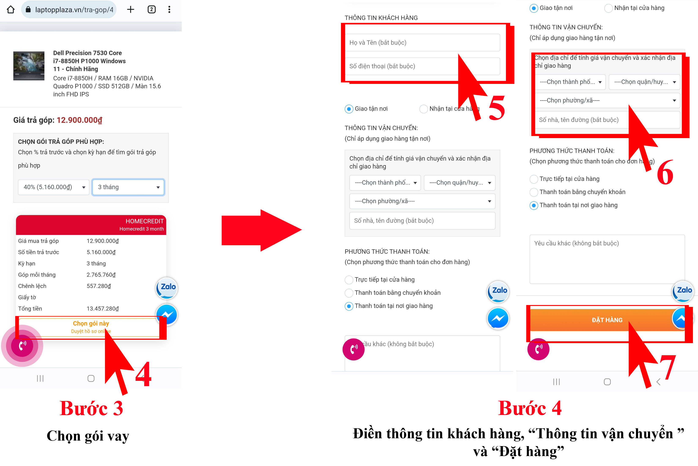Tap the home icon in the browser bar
(11, 10)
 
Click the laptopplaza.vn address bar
(69, 10)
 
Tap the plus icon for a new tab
(131, 10)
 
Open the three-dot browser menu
(169, 10)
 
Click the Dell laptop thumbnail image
(29, 66)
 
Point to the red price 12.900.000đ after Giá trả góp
(80, 120)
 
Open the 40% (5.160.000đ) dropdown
(54, 187)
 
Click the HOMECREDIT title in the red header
(144, 221)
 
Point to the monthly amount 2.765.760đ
(101, 275)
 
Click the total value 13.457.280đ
(103, 308)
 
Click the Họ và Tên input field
(422, 43)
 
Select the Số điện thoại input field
(422, 66)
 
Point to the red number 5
(496, 108)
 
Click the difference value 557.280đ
(99, 286)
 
